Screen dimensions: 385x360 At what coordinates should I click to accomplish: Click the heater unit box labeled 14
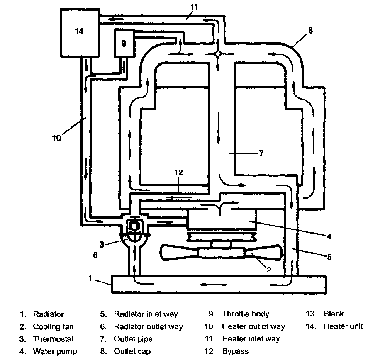(80, 33)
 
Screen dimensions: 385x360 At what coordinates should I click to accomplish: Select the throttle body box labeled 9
(124, 44)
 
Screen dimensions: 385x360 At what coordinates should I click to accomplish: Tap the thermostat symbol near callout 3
(134, 229)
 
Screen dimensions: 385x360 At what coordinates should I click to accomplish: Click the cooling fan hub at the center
(222, 253)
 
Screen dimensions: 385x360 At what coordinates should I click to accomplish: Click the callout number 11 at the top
(194, 7)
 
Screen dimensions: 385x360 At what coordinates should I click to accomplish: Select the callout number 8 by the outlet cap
(310, 30)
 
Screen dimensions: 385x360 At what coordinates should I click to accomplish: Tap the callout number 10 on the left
(57, 138)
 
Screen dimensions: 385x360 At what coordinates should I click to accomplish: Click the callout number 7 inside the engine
(261, 153)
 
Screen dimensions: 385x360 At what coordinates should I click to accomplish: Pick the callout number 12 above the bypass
(179, 173)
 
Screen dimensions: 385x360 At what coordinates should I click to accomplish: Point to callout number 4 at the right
(329, 236)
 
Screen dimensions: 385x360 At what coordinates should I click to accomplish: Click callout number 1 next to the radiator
(90, 279)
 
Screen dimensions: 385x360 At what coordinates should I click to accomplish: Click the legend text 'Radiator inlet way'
(146, 314)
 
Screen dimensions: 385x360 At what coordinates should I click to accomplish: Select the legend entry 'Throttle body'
(246, 314)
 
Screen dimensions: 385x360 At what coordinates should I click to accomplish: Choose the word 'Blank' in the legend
(334, 314)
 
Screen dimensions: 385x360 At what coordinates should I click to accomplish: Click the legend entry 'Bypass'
(235, 351)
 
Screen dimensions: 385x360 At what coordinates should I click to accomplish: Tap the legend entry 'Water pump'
(55, 351)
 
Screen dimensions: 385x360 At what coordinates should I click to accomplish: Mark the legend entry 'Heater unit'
(343, 326)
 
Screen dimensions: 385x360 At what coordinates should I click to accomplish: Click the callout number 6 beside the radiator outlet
(95, 255)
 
